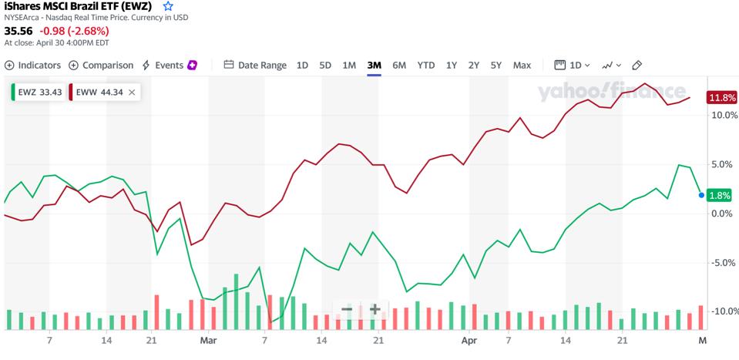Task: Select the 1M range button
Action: click(349, 66)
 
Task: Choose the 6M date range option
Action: click(399, 66)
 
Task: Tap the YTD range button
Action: click(426, 66)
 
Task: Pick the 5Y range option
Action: click(496, 66)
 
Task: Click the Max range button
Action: click(522, 66)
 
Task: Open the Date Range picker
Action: click(255, 66)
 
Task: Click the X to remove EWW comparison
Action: click(132, 93)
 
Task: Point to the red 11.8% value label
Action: click(723, 98)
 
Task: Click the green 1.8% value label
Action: click(718, 196)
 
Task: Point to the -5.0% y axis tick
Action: click(723, 263)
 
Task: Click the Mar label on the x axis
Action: click(208, 338)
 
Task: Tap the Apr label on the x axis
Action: click(469, 338)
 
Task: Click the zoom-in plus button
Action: click(375, 310)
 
